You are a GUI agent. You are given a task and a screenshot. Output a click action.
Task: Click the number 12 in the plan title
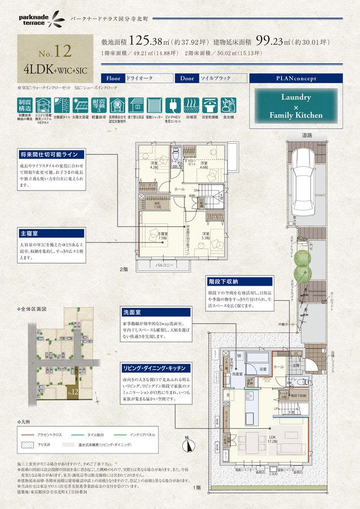click(63, 51)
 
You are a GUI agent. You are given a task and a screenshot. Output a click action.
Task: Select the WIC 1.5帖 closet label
click(157, 205)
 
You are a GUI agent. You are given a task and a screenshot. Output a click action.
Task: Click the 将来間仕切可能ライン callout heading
click(50, 154)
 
